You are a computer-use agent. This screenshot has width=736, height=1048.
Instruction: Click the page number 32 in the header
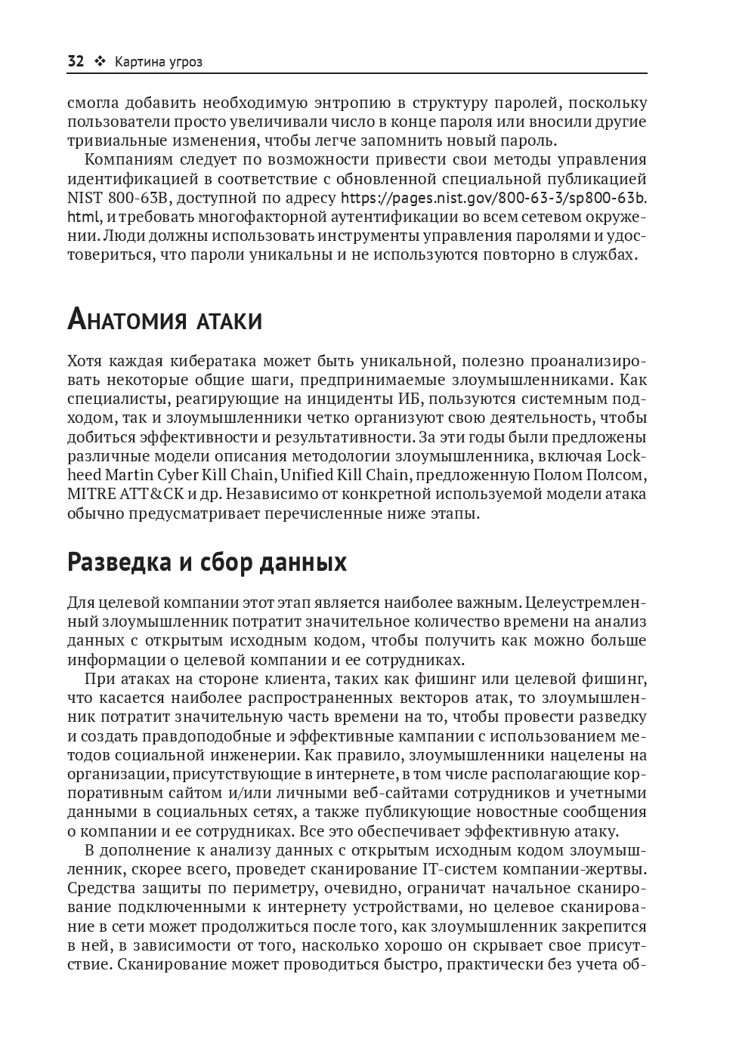[x=76, y=62]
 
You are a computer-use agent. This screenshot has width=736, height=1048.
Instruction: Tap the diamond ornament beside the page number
[x=99, y=62]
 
